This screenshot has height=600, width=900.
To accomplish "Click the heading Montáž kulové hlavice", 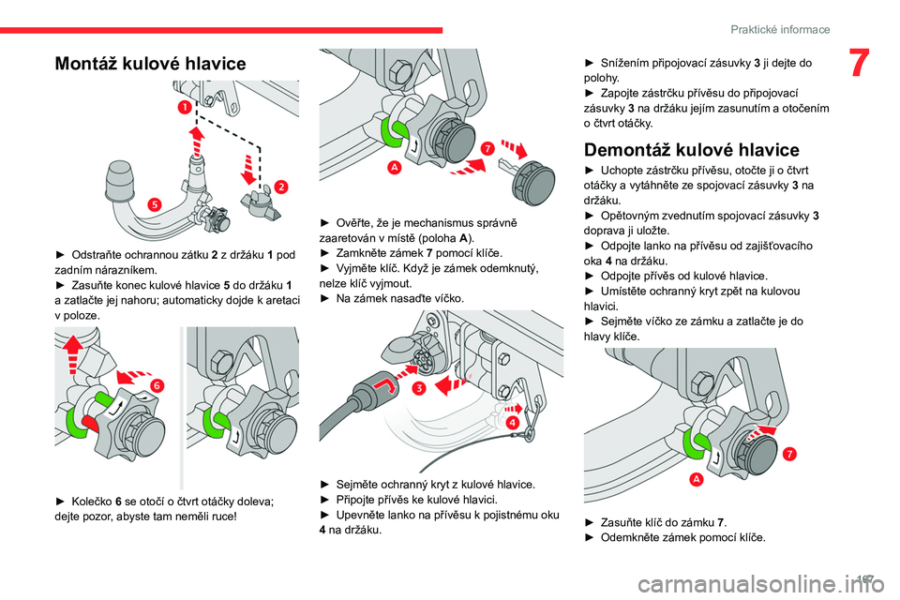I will tap(150, 64).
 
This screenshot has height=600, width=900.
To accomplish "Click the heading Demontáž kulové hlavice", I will tap(691, 150).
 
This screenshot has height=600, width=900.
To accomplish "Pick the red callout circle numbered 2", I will tap(280, 187).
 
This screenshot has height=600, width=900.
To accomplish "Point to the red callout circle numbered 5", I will tap(153, 204).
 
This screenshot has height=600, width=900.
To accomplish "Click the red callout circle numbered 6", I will tap(157, 384).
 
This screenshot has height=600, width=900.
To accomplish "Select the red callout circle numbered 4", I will tap(515, 423).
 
